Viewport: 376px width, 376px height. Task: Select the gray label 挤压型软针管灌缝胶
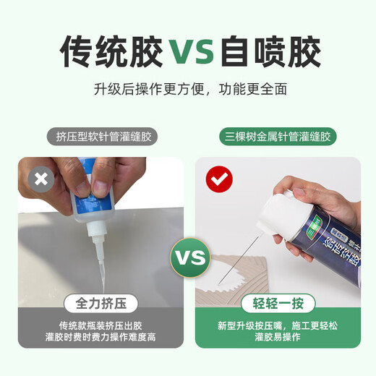tap(107, 136)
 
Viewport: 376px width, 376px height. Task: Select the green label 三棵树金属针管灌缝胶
tap(278, 136)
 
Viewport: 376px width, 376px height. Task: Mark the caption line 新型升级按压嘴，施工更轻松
tap(278, 326)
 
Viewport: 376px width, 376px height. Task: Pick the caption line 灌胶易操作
tap(278, 338)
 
